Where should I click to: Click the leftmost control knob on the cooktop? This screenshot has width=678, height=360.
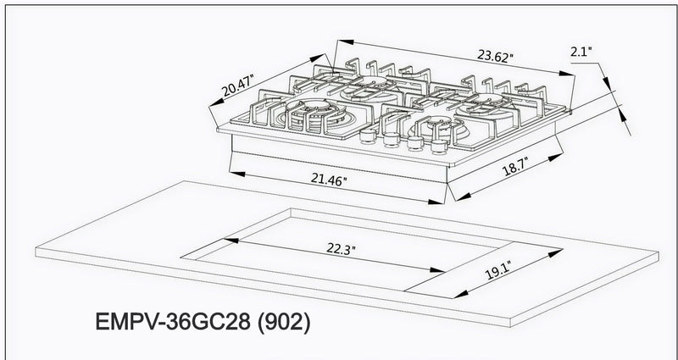(369, 136)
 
